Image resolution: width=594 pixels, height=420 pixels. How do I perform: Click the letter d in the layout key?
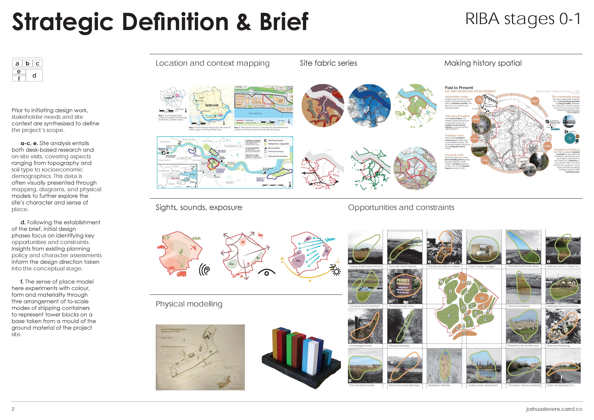(34, 76)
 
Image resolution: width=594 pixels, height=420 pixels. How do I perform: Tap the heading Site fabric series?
(328, 63)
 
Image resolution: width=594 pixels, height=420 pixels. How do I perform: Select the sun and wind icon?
(335, 270)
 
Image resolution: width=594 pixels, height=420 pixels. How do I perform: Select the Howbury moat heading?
(454, 136)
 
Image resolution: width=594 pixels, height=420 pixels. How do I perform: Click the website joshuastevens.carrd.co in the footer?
(554, 409)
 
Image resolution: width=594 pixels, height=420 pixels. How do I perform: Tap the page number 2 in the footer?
(13, 409)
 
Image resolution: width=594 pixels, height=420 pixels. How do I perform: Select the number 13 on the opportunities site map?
(449, 315)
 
